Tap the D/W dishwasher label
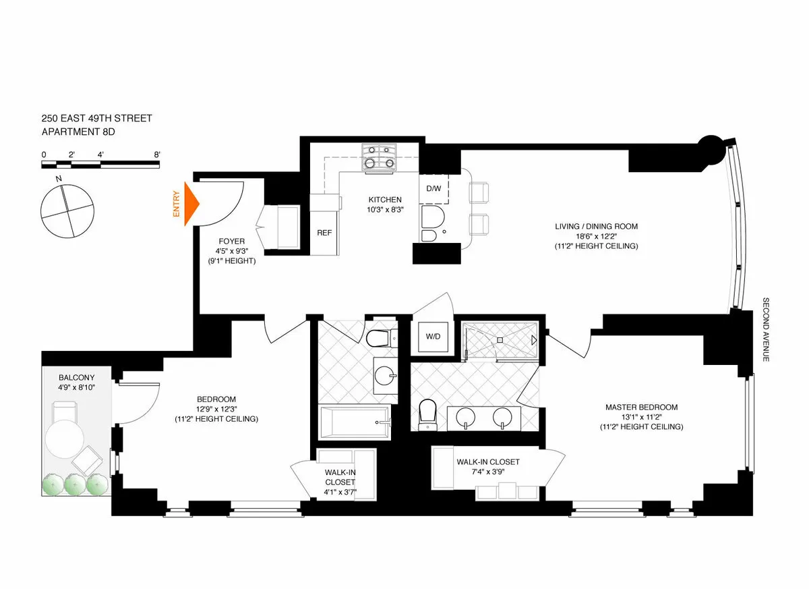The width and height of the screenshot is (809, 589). coord(433,188)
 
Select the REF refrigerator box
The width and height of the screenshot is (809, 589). coord(324,232)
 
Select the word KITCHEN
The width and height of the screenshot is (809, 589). coord(385,200)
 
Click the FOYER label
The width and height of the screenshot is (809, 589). coord(231,241)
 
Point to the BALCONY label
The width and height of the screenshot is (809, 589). coord(76,378)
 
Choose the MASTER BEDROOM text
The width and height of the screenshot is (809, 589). coord(641,408)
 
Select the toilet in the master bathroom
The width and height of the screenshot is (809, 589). coord(427,414)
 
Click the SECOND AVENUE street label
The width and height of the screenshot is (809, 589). coord(766,329)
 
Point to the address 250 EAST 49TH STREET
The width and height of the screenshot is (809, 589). coord(96,119)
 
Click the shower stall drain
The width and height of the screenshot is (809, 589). coord(500,341)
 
